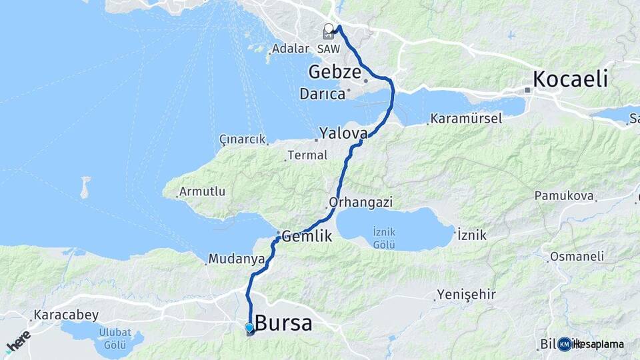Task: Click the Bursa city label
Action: tap(283, 323)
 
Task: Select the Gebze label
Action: tap(335, 72)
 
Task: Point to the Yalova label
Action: tap(343, 133)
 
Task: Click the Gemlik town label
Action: tap(307, 235)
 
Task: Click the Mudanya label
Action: tap(232, 258)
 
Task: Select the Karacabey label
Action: tap(67, 315)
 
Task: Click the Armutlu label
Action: tap(203, 191)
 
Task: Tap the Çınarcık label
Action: tap(242, 139)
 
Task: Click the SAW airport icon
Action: tap(327, 34)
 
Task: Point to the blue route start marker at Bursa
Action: tap(249, 328)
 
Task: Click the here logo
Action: tap(18, 342)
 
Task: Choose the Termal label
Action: tap(307, 155)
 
